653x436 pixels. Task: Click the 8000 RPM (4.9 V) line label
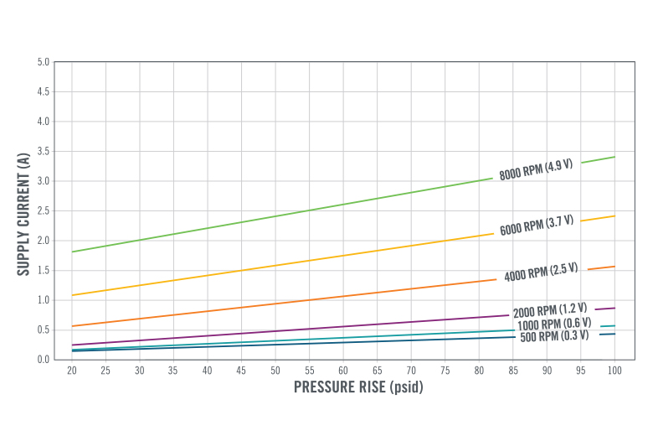536,169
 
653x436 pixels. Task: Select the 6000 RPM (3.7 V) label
537,226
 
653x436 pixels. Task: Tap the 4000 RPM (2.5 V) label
541,272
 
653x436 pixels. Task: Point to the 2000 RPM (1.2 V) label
549,310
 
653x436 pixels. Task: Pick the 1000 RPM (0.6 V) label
553,324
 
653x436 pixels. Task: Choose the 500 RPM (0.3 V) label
554,335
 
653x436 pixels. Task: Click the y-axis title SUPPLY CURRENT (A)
23,211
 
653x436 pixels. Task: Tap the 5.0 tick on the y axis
44,62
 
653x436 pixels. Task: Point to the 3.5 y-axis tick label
44,151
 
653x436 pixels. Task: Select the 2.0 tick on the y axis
44,241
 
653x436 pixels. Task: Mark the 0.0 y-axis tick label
44,360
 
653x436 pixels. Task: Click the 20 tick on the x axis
72,370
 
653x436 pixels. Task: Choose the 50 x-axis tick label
275,370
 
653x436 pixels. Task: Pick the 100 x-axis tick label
614,370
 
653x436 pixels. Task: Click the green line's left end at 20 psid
73,252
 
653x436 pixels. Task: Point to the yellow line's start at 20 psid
73,295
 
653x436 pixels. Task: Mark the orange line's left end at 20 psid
73,326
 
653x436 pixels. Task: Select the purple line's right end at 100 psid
614,308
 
